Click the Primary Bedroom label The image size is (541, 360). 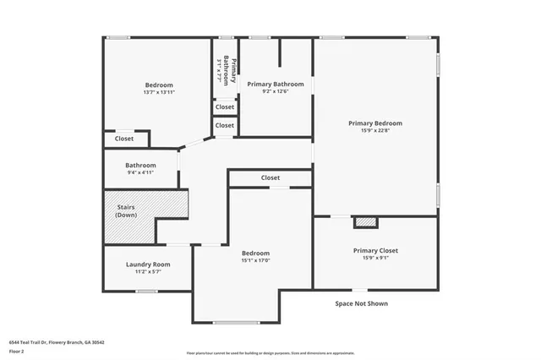(375, 123)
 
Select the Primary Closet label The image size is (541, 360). (375, 250)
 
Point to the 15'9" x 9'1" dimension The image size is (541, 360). (375, 259)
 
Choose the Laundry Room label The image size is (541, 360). (148, 264)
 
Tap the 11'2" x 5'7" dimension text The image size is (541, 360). (148, 272)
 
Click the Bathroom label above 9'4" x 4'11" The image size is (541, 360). (140, 165)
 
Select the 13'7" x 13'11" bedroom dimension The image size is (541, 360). (158, 93)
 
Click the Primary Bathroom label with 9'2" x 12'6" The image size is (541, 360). (275, 84)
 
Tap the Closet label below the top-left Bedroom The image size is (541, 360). (123, 139)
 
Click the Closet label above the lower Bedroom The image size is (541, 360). (270, 177)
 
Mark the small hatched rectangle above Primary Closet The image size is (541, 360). (364, 221)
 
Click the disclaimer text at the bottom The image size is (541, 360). (270, 353)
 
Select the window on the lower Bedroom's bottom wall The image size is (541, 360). (236, 322)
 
